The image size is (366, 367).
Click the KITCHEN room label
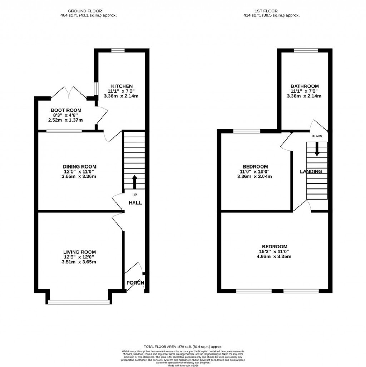tap(122, 86)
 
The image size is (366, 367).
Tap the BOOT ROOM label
tap(66, 110)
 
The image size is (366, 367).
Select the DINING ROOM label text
tap(79, 166)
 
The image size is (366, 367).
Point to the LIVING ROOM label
tap(79, 252)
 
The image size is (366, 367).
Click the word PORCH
tap(135, 283)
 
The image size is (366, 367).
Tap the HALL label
tap(135, 202)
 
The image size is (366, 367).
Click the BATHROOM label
tap(305, 86)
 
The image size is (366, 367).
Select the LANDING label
tap(311, 171)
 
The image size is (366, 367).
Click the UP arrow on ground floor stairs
tap(135, 181)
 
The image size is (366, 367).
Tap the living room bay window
tap(79, 302)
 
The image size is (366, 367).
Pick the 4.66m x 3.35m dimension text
tap(274, 256)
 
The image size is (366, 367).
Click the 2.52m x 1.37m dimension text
tap(65, 120)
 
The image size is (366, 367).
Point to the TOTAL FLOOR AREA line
tap(183, 347)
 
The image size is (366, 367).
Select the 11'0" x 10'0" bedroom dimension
tap(255, 171)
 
